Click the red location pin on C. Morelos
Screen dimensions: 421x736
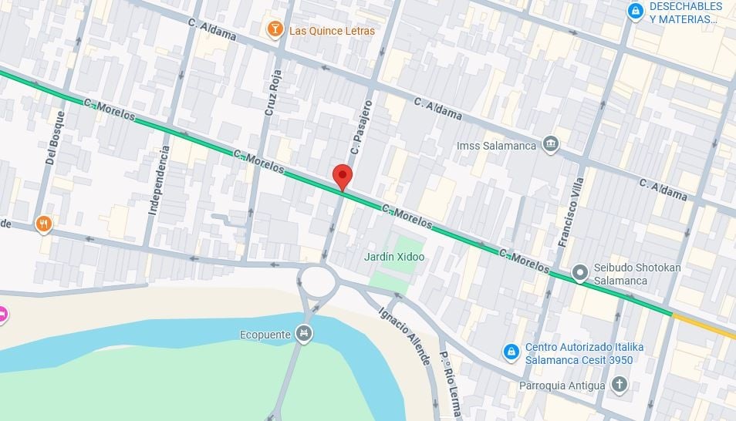pyautogui.click(x=343, y=176)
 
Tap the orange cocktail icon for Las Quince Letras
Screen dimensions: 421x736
pyautogui.click(x=274, y=30)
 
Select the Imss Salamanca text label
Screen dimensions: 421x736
pyautogui.click(x=507, y=146)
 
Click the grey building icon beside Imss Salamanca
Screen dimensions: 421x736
pyautogui.click(x=550, y=144)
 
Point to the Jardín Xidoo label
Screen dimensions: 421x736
pyautogui.click(x=393, y=257)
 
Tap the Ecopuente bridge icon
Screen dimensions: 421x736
pyautogui.click(x=305, y=333)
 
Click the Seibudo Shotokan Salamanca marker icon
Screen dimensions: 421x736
pyautogui.click(x=580, y=273)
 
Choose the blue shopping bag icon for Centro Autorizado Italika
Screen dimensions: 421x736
pyautogui.click(x=511, y=352)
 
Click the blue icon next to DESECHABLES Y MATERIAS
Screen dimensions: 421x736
pyautogui.click(x=635, y=11)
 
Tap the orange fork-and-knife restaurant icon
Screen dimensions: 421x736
pyautogui.click(x=44, y=224)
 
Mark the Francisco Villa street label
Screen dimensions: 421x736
pyautogui.click(x=570, y=211)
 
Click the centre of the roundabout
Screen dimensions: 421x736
pyautogui.click(x=319, y=281)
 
